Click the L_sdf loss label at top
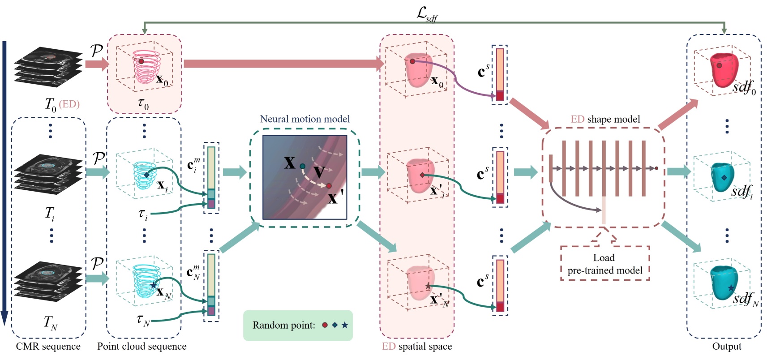point(426,14)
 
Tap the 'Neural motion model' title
point(305,119)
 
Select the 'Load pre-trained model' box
point(605,264)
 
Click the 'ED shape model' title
point(605,119)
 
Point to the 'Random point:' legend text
point(284,326)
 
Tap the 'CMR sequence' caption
point(48,347)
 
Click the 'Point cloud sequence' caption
point(142,347)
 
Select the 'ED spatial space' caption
point(416,347)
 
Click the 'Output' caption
point(726,347)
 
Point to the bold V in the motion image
point(319,172)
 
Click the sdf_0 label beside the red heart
point(744,86)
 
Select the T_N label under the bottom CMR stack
point(50,322)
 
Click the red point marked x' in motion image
point(329,186)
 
